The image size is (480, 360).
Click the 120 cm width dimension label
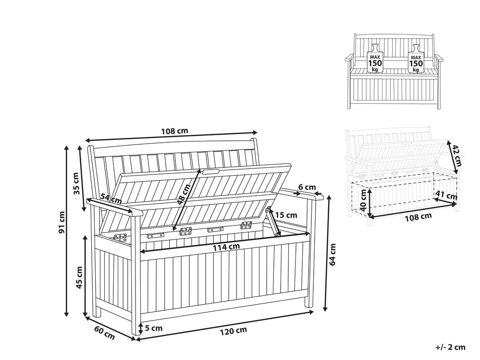pyautogui.click(x=233, y=331)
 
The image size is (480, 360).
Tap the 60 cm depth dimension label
pyautogui.click(x=104, y=334)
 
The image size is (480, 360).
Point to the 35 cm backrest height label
pyautogui.click(x=76, y=184)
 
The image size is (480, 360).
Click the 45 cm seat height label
pyautogui.click(x=79, y=278)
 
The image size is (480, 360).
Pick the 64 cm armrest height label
pyautogui.click(x=333, y=254)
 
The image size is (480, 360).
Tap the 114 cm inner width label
pyautogui.click(x=226, y=247)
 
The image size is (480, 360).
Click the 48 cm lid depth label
pyautogui.click(x=184, y=194)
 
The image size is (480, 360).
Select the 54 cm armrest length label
pyautogui.click(x=111, y=199)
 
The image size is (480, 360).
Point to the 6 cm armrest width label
pyautogui.click(x=307, y=187)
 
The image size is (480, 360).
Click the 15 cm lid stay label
pyautogui.click(x=286, y=215)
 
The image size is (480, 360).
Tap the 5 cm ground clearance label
pyautogui.click(x=154, y=328)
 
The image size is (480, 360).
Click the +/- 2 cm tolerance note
pyautogui.click(x=450, y=347)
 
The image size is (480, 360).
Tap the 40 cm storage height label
pyautogui.click(x=363, y=200)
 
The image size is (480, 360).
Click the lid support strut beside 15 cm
pyautogui.click(x=272, y=221)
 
